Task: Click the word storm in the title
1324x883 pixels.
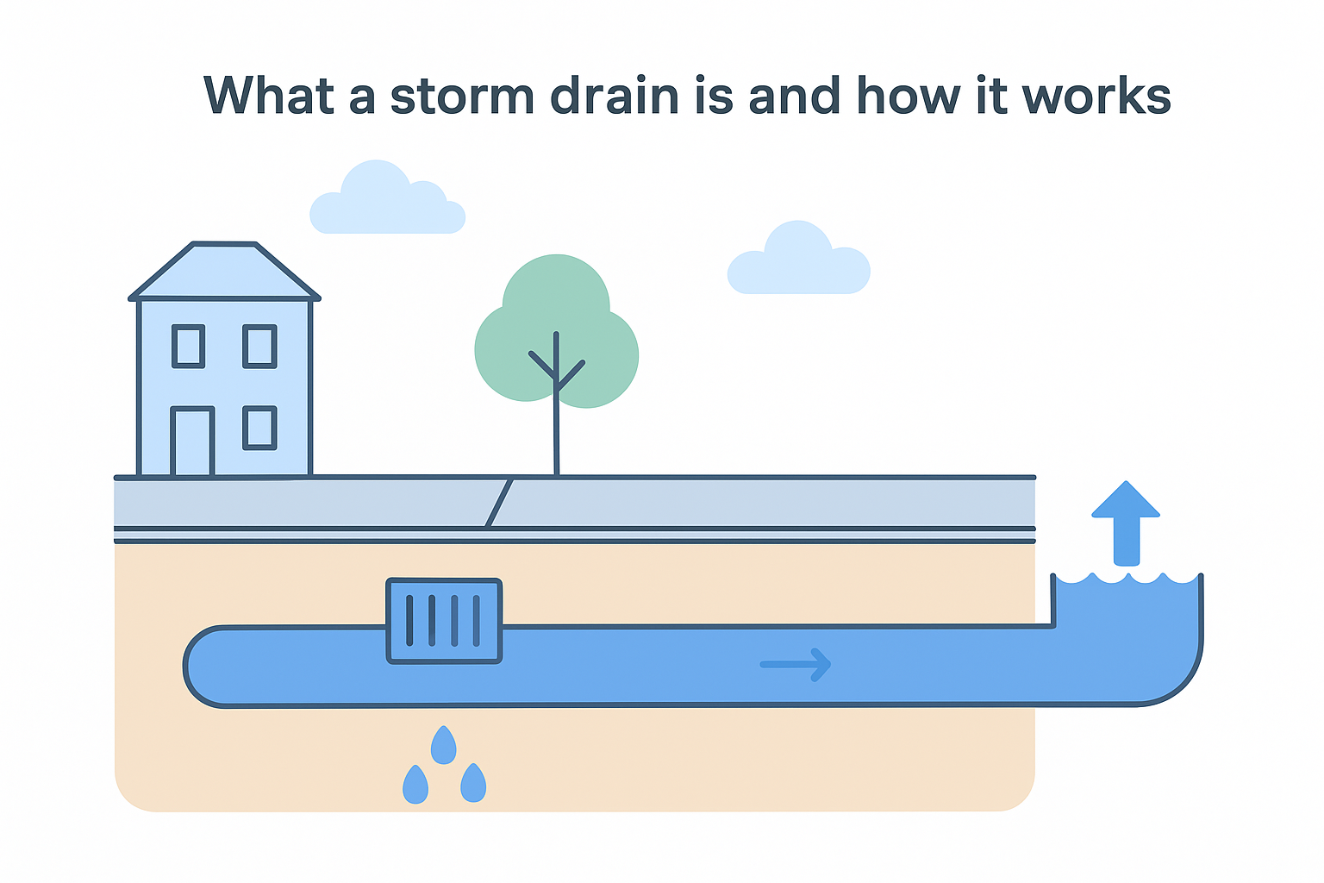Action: tap(462, 96)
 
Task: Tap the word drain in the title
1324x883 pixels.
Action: tap(615, 96)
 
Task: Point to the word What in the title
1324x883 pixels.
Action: tap(268, 96)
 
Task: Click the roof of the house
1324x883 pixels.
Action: tap(224, 272)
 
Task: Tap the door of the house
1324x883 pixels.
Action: tap(192, 441)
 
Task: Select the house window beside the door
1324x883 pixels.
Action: tap(259, 428)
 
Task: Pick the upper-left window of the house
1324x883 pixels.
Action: tap(188, 347)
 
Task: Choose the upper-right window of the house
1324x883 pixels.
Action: tap(259, 347)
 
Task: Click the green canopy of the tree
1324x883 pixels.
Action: tap(557, 310)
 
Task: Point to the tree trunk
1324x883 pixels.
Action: tap(556, 431)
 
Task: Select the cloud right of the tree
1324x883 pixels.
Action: tap(798, 260)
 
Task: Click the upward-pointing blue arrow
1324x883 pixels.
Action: tap(1126, 522)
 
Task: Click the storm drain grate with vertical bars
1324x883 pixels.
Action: tap(444, 621)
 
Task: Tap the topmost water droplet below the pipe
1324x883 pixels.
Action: tap(443, 745)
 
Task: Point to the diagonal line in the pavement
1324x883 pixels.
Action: tap(500, 503)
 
